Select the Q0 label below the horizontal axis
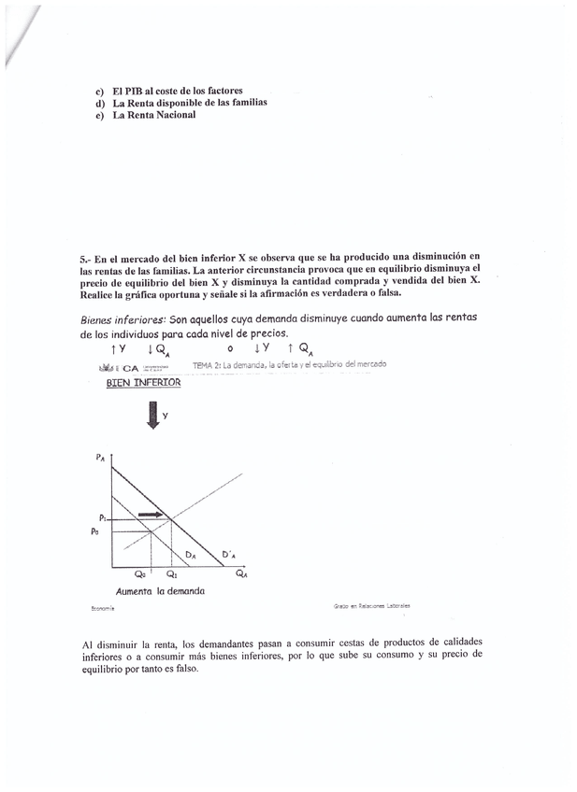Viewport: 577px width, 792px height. click(x=140, y=575)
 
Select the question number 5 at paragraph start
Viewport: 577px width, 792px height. click(x=84, y=256)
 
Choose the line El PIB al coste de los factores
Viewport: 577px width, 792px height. click(x=178, y=91)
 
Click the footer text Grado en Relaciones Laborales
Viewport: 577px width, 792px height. click(x=371, y=605)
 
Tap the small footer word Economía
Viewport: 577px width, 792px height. click(x=103, y=607)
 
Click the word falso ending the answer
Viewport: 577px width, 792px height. click(x=185, y=669)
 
